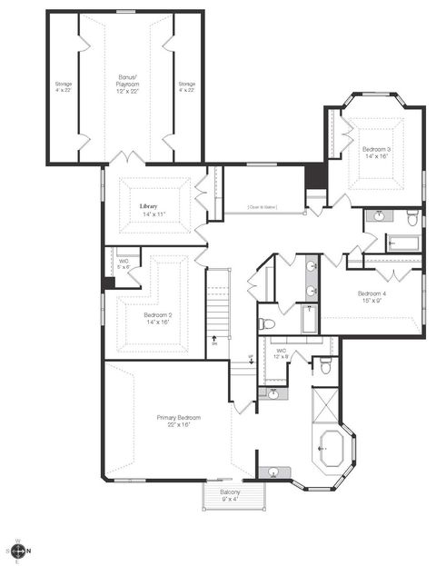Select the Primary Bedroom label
pyautogui.click(x=178, y=421)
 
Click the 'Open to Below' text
pyautogui.click(x=262, y=208)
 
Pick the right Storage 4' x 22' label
pyautogui.click(x=186, y=87)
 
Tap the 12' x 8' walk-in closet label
pyautogui.click(x=281, y=353)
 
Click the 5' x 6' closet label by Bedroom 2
pyautogui.click(x=124, y=264)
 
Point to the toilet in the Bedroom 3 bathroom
pyautogui.click(x=412, y=218)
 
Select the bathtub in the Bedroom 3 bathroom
pyautogui.click(x=402, y=243)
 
